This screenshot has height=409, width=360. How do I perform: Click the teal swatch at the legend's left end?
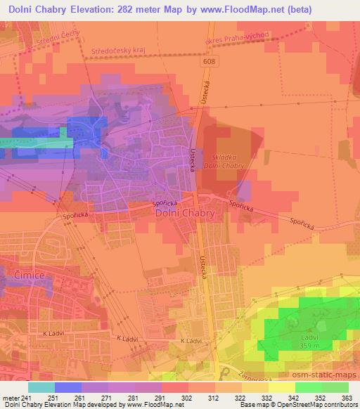[41, 387]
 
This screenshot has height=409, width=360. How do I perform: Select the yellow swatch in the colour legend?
[281, 387]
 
